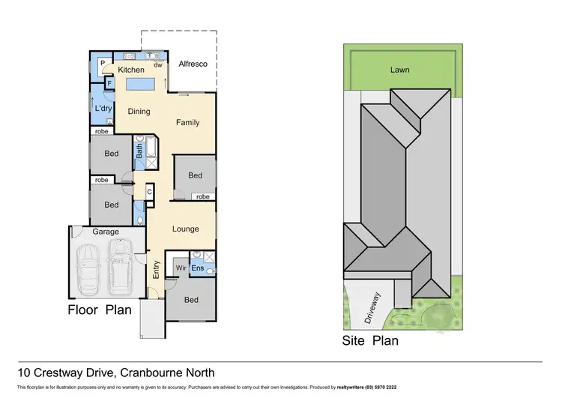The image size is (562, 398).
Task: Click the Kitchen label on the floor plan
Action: (131, 69)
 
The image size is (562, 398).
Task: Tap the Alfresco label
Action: (192, 65)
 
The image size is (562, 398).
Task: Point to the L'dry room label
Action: (103, 109)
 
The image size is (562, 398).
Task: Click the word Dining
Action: (139, 112)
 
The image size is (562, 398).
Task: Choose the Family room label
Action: (187, 122)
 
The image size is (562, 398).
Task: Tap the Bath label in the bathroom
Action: (139, 151)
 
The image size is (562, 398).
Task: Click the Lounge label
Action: (186, 229)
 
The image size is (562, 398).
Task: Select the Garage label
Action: (106, 232)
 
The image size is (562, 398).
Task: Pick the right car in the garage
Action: (120, 268)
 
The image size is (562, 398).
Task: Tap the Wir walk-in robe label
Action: (180, 268)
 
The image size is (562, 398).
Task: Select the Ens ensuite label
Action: (198, 268)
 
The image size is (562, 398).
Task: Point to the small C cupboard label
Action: (150, 192)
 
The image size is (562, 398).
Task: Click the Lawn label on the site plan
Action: (399, 70)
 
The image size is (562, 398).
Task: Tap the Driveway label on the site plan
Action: (371, 307)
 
